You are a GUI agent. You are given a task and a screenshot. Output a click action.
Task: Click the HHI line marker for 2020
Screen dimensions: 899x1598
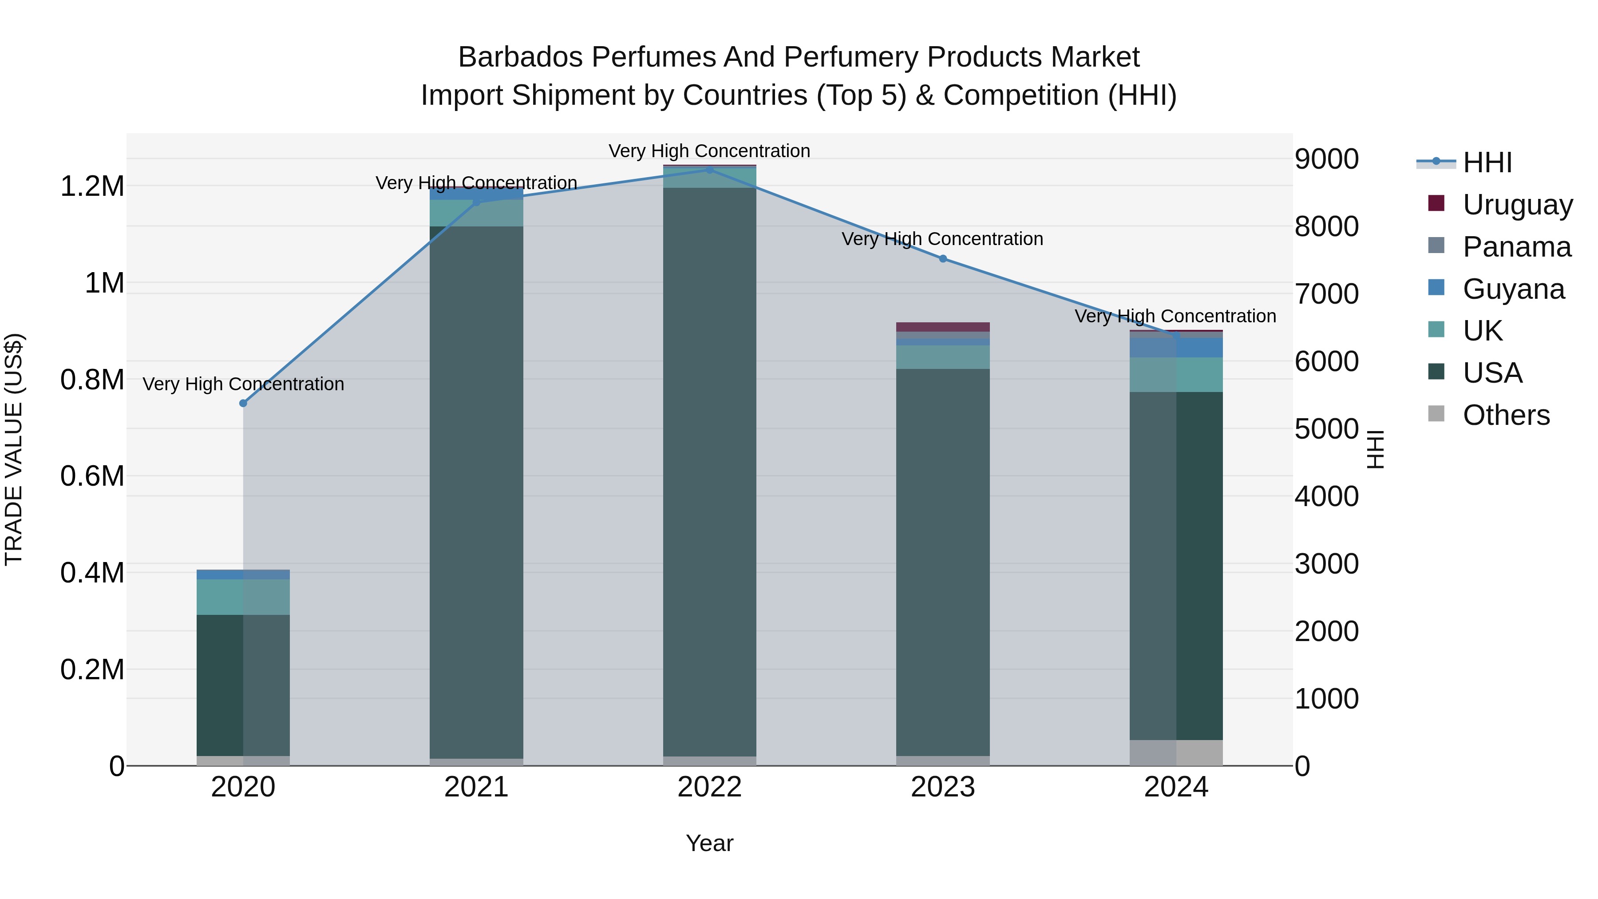click(243, 403)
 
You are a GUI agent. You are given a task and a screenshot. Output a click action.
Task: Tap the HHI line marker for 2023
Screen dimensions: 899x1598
click(943, 259)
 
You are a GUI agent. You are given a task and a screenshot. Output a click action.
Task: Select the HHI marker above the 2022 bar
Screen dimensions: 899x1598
click(710, 170)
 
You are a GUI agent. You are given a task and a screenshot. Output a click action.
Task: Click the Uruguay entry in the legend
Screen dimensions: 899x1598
click(1517, 204)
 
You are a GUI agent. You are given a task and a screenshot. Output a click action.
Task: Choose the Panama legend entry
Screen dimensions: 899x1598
click(1516, 246)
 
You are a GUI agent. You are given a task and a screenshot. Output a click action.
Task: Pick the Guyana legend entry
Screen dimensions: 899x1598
click(1513, 289)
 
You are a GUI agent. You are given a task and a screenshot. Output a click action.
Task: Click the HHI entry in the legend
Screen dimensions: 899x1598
click(1487, 162)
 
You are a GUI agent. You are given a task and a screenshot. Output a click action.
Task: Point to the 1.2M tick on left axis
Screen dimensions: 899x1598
click(92, 186)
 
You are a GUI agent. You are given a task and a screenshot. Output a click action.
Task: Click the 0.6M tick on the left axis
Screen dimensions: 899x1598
click(92, 476)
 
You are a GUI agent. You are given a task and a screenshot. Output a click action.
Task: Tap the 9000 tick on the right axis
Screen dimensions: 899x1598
click(1326, 159)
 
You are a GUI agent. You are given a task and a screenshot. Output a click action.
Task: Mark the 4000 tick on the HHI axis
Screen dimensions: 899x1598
click(1326, 496)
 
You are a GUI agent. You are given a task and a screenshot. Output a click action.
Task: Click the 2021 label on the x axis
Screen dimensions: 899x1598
click(476, 787)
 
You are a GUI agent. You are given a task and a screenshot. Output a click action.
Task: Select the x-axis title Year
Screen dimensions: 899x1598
click(710, 843)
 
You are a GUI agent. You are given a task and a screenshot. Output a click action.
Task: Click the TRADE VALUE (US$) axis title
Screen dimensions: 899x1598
click(14, 449)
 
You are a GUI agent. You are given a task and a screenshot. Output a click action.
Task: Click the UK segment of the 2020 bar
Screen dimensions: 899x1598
click(243, 597)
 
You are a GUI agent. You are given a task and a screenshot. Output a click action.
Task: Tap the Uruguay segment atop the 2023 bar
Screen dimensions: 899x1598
click(943, 327)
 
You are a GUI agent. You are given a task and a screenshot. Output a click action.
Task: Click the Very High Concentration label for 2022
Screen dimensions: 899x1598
click(710, 151)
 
